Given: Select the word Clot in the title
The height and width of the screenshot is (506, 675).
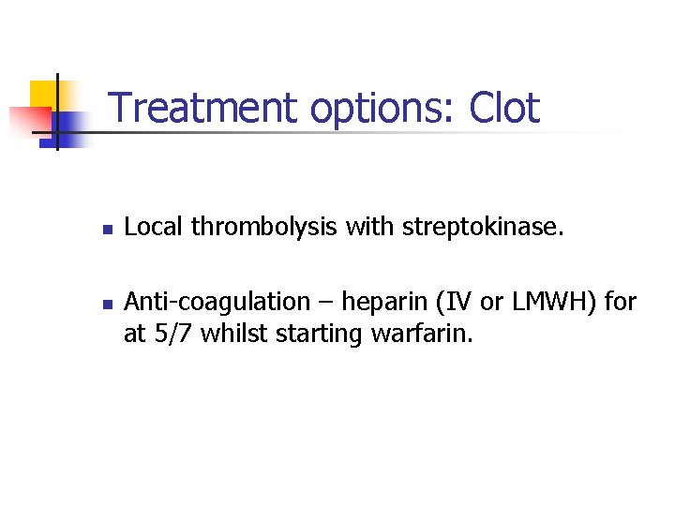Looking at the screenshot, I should [x=504, y=108].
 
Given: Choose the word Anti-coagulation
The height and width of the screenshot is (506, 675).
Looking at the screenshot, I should [x=217, y=303].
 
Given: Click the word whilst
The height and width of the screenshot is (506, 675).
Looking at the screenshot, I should [x=234, y=334].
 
